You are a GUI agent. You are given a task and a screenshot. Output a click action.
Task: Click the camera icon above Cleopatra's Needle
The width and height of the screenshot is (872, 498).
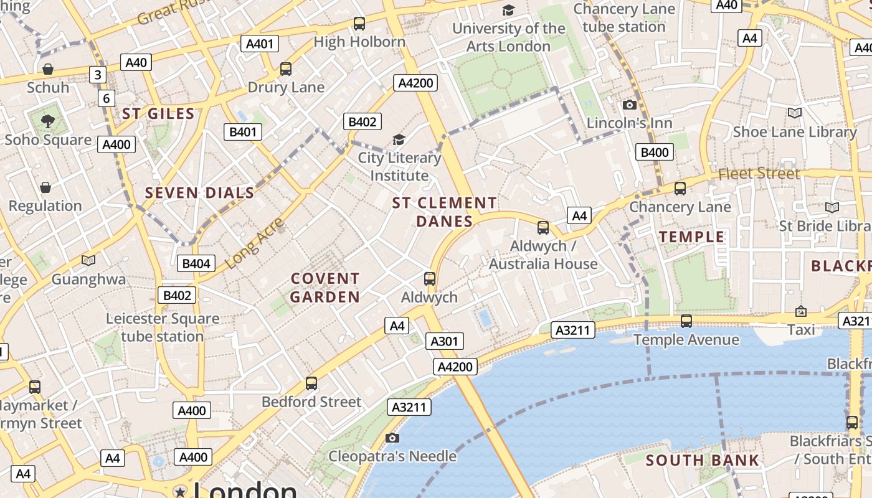[x=392, y=438]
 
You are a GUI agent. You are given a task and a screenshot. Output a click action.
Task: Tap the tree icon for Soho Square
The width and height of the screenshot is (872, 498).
[x=47, y=121]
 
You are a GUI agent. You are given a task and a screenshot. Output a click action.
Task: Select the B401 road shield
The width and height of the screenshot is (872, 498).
[x=243, y=132]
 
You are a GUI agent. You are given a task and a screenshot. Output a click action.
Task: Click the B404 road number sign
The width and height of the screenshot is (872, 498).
[x=196, y=263]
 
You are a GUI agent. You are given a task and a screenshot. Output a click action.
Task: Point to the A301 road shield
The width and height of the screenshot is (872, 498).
[x=445, y=341]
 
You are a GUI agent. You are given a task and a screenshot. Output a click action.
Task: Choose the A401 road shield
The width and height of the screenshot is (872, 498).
[x=260, y=44]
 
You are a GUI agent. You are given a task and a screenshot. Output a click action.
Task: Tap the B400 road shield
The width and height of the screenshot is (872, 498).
[x=655, y=153]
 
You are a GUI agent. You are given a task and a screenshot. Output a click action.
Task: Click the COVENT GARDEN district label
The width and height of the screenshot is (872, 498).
[x=325, y=288]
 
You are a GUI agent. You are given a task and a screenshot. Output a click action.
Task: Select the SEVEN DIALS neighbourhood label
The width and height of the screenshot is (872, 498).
[x=200, y=193]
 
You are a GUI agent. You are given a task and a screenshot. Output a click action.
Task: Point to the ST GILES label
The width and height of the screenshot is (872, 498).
[x=158, y=113]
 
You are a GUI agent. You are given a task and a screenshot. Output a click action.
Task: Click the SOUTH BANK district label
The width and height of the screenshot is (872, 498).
[x=703, y=461]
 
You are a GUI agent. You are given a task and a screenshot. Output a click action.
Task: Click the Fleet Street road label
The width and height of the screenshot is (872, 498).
[x=759, y=174]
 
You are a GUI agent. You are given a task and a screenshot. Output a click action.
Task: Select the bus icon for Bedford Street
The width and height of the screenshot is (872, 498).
[x=311, y=383]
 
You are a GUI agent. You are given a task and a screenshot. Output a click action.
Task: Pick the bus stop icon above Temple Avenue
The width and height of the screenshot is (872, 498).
[x=686, y=321]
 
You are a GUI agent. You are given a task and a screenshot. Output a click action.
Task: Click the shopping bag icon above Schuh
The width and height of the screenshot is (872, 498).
[x=48, y=69]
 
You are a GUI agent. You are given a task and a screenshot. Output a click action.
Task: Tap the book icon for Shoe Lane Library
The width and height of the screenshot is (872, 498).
[x=794, y=113]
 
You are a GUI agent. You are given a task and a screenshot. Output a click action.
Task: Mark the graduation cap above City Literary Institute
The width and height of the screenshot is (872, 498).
[x=399, y=140]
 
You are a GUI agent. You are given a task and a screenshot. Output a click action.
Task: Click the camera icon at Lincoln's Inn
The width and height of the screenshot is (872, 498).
[x=629, y=105]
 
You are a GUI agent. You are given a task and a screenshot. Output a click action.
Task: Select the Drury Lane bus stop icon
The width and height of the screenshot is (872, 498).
[x=286, y=69]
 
